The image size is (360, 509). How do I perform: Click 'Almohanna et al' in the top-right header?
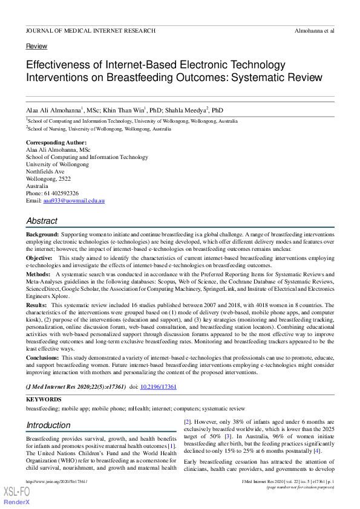(314, 30)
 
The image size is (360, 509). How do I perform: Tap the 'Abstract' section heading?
(42, 221)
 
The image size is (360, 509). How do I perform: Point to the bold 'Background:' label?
(42, 234)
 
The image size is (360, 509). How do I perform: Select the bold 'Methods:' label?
(38, 274)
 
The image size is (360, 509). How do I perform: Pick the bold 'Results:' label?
(37, 306)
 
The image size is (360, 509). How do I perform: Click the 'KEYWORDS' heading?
(44, 400)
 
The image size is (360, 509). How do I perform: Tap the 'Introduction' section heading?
(48, 425)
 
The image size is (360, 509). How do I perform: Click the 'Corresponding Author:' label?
(54, 143)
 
